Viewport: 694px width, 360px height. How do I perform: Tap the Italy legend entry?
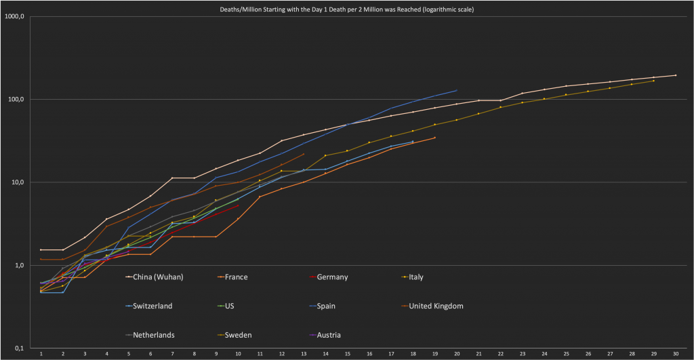pos(414,277)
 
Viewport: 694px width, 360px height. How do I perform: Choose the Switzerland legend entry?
pos(153,306)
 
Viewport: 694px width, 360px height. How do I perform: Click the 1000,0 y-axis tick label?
pos(16,16)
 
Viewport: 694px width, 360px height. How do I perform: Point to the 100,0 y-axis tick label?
pos(17,100)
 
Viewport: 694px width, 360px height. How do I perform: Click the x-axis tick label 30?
pos(676,353)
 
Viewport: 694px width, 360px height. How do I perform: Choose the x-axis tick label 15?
pos(348,353)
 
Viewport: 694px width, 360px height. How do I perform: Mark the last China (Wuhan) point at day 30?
pos(676,75)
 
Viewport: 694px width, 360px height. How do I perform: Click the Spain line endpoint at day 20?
pos(457,90)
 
